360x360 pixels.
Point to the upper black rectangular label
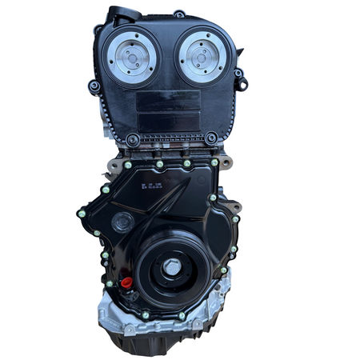169,100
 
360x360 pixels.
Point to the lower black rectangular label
169,121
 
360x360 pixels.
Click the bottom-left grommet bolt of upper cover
133,139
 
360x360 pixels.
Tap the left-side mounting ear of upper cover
94,86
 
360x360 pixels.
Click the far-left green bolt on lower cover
81,214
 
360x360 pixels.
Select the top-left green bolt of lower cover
128,165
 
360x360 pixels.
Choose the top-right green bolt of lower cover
214,163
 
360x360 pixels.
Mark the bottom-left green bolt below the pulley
145,315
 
